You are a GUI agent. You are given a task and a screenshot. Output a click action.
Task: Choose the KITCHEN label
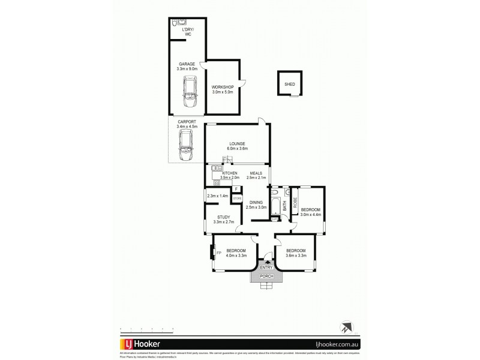[230, 173]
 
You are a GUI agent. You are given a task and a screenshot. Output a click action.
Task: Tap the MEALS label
[257, 173]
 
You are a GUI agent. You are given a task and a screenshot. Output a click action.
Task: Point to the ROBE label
[295, 202]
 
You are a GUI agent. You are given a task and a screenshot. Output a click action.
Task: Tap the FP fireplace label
[218, 253]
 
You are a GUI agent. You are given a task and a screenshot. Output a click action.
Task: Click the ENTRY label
[266, 267]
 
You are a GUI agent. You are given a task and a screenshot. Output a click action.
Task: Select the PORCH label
[267, 276]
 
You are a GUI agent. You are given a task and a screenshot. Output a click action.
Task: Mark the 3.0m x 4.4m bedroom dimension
[311, 214]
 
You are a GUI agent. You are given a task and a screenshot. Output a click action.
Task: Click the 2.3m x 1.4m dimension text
[217, 196]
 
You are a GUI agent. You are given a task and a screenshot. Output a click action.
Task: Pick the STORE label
[237, 198]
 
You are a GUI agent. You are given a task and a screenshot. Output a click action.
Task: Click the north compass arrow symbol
[344, 328]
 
